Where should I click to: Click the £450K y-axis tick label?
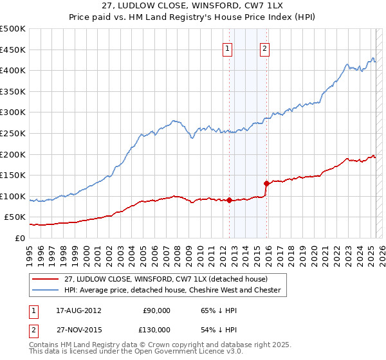click(13, 50)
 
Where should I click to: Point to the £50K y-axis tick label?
click(15, 217)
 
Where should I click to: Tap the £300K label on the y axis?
click(13, 113)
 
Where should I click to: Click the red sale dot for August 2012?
click(229, 200)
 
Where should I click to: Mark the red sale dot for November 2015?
click(266, 183)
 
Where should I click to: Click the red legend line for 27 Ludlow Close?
click(44, 279)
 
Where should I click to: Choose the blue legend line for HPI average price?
click(44, 290)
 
